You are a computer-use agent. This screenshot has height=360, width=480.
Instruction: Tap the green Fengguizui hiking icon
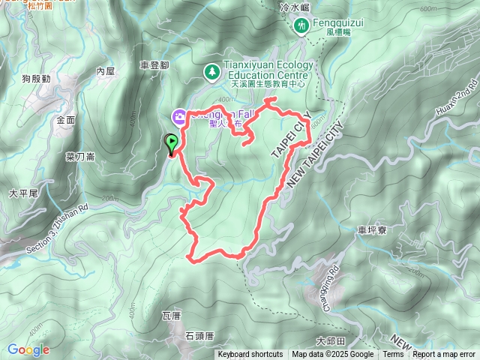coord(301,25)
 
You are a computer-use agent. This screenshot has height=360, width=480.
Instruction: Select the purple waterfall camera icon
coord(180,116)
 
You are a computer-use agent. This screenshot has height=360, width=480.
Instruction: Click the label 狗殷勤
coord(36,78)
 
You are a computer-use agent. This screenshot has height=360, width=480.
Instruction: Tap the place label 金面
coord(66,119)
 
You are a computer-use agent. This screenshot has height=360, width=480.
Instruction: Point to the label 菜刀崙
coord(79,157)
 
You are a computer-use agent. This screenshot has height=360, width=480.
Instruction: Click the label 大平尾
coord(22,193)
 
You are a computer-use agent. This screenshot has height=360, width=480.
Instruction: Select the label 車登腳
coord(154,66)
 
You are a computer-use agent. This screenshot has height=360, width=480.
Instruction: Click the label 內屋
coord(105,71)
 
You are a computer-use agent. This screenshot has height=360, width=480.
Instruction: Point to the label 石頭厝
coord(199,335)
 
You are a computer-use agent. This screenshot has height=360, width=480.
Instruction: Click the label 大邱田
coord(329,340)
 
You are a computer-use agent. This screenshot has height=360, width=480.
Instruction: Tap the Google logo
coord(28,349)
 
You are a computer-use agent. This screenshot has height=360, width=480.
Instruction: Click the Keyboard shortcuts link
coord(250,355)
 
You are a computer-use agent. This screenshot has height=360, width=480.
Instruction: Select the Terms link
coord(393,355)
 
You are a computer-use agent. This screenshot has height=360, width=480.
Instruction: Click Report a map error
coord(444,355)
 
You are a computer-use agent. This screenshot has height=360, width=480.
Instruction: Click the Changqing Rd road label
coord(332,278)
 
